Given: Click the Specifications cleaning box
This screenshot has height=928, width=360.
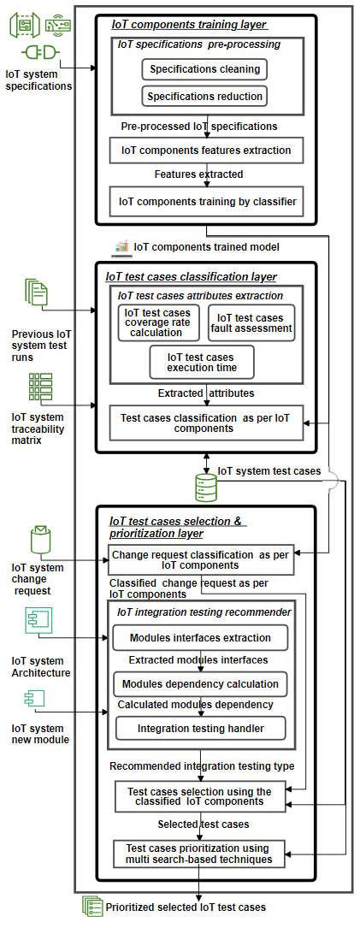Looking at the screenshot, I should [x=204, y=69].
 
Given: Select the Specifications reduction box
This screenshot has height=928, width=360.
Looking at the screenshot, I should [x=204, y=96].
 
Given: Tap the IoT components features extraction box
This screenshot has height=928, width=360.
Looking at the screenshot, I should [x=205, y=151].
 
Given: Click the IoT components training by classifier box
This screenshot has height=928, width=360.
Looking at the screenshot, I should [x=205, y=202].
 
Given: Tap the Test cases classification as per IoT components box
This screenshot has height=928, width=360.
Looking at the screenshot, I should [x=205, y=423].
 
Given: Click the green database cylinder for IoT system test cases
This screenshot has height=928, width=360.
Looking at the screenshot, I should [x=205, y=486].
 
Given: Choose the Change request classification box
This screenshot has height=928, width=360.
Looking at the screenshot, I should [x=201, y=560].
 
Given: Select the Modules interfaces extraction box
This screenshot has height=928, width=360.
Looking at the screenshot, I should [x=200, y=638].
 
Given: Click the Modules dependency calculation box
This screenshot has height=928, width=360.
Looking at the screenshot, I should [x=200, y=684].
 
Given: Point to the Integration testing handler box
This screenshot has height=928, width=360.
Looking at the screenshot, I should [x=201, y=729].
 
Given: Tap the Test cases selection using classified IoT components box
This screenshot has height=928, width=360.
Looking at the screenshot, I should [x=199, y=797].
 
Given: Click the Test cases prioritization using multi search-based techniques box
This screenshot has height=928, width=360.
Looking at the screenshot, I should [x=199, y=853].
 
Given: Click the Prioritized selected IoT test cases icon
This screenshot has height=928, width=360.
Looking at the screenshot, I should [x=91, y=906].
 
